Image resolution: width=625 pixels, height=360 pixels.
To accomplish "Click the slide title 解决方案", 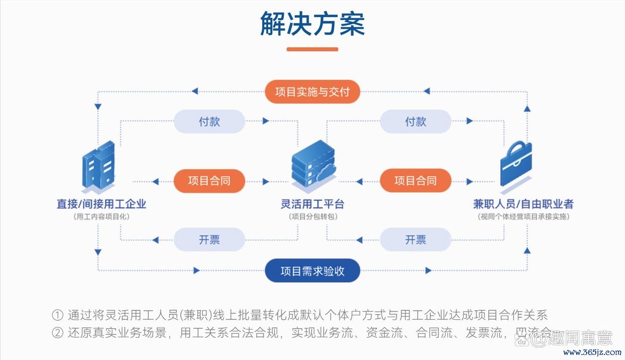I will click(312, 23).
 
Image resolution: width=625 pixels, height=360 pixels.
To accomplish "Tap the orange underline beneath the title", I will click(312, 49).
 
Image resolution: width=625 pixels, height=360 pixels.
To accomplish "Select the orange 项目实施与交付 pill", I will click(312, 92).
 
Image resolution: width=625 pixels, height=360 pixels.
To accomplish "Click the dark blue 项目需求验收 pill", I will click(312, 271).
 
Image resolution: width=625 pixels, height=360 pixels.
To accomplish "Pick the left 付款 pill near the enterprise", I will click(209, 121).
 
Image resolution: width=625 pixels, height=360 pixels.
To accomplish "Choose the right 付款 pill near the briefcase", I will click(416, 121).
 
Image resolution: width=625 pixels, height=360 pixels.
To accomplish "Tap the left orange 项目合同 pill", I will click(209, 181).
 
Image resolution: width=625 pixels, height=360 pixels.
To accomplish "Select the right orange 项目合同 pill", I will click(416, 181).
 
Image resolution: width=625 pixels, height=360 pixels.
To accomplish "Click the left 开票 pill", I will click(209, 240).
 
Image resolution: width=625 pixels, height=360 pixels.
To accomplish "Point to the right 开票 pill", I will click(416, 240).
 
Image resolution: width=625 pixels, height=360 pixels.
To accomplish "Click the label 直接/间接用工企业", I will click(101, 204).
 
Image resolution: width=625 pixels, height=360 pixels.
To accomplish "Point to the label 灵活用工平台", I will click(312, 204).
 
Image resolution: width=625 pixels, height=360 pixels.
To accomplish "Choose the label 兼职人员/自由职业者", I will click(523, 204).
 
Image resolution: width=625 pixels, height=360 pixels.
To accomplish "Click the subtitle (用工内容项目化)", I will click(101, 217).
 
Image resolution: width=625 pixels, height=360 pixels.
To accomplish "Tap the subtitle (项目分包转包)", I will click(312, 217).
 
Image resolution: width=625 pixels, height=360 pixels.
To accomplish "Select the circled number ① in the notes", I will click(57, 316).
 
